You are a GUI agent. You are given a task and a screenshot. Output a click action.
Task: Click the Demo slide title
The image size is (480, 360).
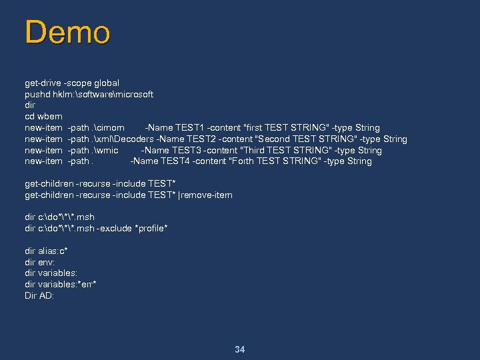coord(67,33)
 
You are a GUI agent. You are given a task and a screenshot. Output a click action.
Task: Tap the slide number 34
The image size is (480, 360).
coord(240,349)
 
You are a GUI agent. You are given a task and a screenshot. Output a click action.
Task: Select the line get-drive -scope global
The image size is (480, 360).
coord(72,83)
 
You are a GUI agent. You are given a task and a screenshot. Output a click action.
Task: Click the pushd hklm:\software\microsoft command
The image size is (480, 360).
coord(89,94)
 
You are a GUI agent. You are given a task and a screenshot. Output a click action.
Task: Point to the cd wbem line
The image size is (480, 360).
coord(43,116)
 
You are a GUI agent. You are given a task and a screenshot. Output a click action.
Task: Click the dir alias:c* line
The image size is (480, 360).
coord(46,251)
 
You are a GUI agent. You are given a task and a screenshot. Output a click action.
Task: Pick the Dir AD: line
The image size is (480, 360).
coord(39,295)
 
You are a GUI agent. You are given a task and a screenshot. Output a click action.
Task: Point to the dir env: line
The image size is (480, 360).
coord(39,262)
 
